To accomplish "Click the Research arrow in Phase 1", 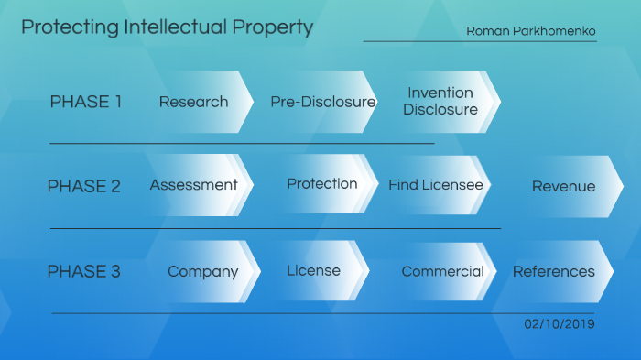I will click(194, 102).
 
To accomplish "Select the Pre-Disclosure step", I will click(322, 102).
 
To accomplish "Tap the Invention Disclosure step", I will click(440, 101).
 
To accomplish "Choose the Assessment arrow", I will click(194, 185).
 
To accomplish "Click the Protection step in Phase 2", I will click(322, 183).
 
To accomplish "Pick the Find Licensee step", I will click(436, 185).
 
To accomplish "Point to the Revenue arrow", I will click(563, 186).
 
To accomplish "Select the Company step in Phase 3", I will click(203, 271).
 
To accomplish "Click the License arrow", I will click(313, 270).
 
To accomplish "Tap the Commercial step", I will click(443, 271).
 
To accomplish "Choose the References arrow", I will click(554, 271).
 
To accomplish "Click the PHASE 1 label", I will click(86, 102).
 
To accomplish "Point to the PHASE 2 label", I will click(83, 186).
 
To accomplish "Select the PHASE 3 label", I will click(83, 271).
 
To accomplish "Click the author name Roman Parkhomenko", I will click(531, 31).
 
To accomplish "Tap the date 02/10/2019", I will click(560, 324).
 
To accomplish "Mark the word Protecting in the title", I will click(59, 27).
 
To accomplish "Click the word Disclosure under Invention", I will click(440, 109).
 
